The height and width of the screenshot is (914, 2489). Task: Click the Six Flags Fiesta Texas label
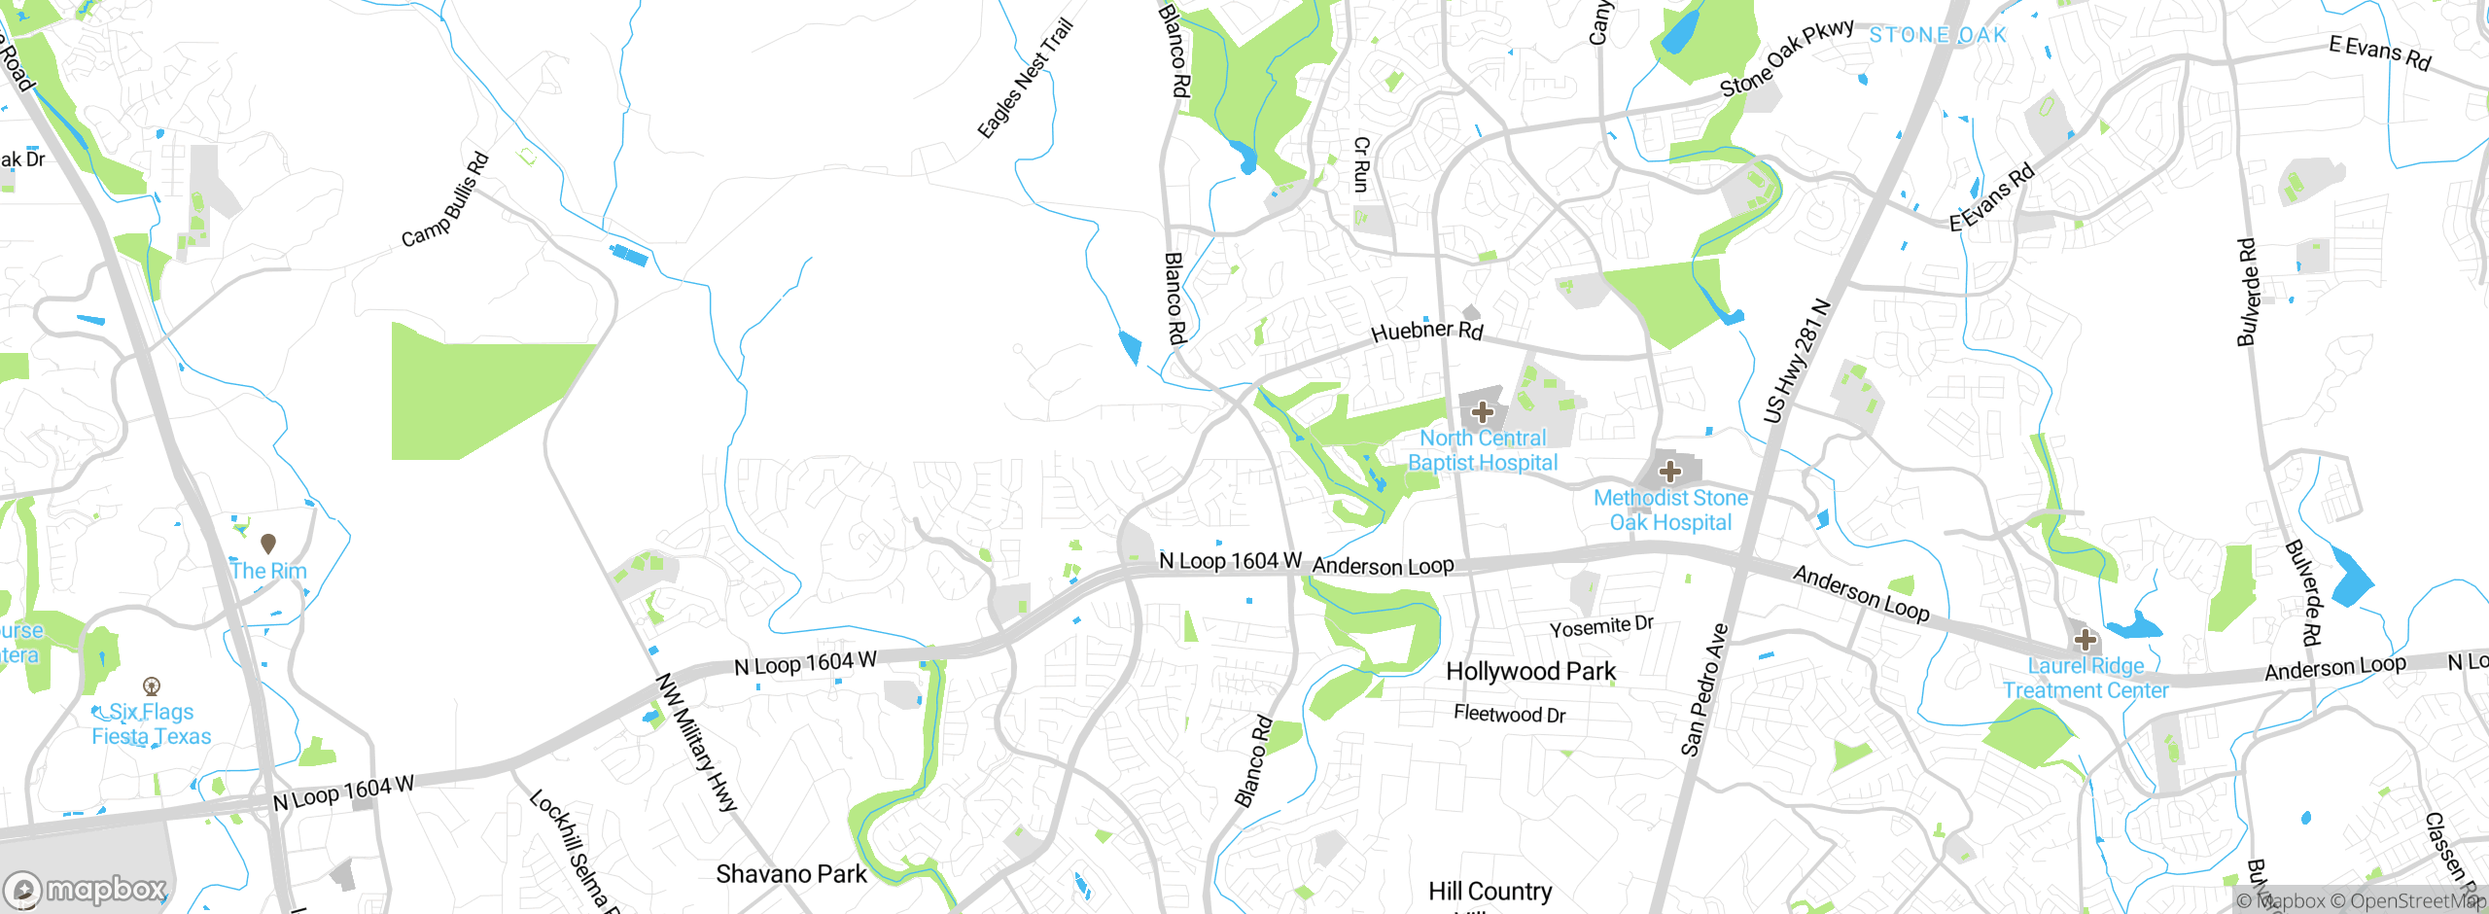point(152,724)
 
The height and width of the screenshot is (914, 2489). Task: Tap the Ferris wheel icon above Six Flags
point(152,686)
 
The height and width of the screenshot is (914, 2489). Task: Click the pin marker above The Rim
point(268,544)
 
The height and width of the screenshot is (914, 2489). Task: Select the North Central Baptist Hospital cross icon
point(1483,411)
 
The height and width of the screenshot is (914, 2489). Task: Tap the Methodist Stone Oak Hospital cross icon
point(1670,472)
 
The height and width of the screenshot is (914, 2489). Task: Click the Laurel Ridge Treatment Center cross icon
point(2085,640)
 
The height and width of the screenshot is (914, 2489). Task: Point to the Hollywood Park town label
point(1530,671)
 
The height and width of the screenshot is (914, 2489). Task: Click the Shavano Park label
point(790,874)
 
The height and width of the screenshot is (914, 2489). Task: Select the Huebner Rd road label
point(1426,331)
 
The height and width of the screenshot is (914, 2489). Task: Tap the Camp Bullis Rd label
point(445,199)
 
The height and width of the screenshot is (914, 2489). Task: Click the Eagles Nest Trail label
point(1025,79)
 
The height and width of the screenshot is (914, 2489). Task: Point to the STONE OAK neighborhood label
point(1938,35)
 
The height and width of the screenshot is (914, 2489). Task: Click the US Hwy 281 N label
point(1797,363)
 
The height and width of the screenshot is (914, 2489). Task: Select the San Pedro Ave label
point(1704,689)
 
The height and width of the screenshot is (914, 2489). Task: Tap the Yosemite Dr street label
point(1601,627)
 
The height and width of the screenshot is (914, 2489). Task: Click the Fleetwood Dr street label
point(1509,714)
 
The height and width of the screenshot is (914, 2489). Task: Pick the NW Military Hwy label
point(696,742)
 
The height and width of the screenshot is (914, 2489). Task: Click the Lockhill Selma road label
point(573,851)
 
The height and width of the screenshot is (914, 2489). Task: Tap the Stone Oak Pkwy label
point(1786,58)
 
